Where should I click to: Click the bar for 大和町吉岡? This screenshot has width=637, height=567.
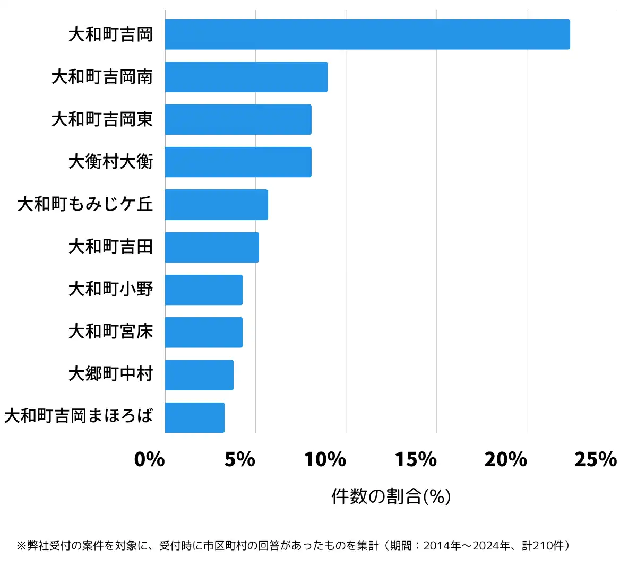coord(367,34)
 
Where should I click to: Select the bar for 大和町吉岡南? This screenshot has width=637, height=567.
coord(246,77)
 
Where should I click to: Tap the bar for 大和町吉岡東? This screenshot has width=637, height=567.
coord(238,119)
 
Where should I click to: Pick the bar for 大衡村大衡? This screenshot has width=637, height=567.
coord(238,162)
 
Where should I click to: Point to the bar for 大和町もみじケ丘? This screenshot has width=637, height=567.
coord(217,205)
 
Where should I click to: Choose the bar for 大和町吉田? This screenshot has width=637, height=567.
coord(212,247)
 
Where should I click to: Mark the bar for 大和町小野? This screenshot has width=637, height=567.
coord(204,290)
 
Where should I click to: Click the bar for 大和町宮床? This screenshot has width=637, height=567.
coord(204,332)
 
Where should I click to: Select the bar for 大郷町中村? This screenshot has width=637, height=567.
coord(199,375)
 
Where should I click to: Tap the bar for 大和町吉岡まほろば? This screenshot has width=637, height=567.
coord(195,417)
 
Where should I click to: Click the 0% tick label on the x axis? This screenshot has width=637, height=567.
coord(149,459)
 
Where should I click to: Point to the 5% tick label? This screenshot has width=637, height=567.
coord(240,459)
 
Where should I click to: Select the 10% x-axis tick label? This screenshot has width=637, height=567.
coord(325,459)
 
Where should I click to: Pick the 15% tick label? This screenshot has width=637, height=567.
coord(416,459)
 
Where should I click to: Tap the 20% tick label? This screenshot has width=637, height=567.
coord(506,459)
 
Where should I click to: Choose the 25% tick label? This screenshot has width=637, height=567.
coord(596,459)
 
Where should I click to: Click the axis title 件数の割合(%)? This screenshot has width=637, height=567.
coord(391,496)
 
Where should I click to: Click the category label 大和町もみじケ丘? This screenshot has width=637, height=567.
coord(85,204)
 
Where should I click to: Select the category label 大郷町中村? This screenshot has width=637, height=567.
coord(110,374)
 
